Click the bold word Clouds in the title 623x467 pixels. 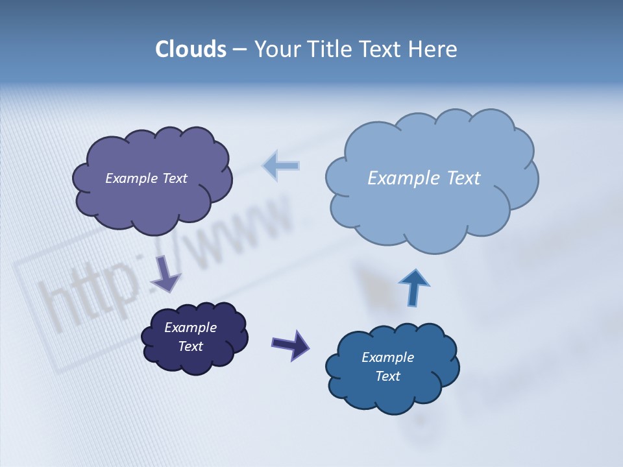[x=190, y=49]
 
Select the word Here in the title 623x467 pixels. [x=433, y=49]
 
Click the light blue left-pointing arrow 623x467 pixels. [x=281, y=165]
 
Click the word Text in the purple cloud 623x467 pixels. [x=174, y=178]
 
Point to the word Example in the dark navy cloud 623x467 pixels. [x=190, y=328]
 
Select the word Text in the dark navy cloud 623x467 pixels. [x=190, y=346]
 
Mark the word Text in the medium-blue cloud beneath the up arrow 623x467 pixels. [x=387, y=376]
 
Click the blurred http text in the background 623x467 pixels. [x=91, y=295]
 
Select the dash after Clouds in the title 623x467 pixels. [x=239, y=50]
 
